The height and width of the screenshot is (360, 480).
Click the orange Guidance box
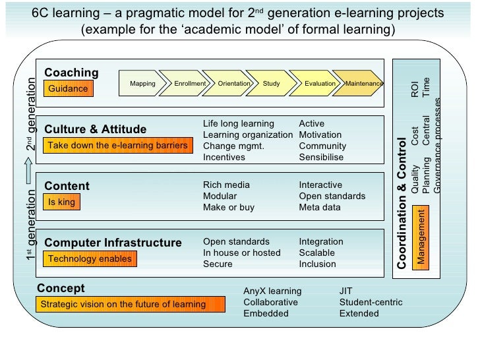pyautogui.click(x=68, y=88)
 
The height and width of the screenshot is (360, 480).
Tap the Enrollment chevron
pyautogui.click(x=189, y=84)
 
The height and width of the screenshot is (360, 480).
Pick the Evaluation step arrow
pyautogui.click(x=319, y=84)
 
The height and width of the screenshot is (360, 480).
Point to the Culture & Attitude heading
pyautogui.click(x=95, y=129)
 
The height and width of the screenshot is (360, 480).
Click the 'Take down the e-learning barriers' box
pyautogui.click(x=117, y=145)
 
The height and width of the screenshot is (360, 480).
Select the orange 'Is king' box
pyautogui.click(x=62, y=202)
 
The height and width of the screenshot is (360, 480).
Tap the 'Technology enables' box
pyautogui.click(x=90, y=259)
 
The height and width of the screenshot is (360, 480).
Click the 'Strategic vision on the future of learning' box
pyautogui.click(x=123, y=305)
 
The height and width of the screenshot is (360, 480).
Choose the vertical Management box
pyautogui.click(x=421, y=235)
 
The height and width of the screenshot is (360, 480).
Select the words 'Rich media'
pyautogui.click(x=226, y=185)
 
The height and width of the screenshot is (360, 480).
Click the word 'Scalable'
pyautogui.click(x=316, y=253)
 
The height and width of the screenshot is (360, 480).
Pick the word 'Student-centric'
pyautogui.click(x=371, y=303)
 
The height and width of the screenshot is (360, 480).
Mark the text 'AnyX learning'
pyautogui.click(x=272, y=291)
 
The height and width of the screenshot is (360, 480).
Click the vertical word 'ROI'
pyautogui.click(x=414, y=90)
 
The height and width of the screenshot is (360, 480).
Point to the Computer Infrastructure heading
pyautogui.click(x=113, y=243)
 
